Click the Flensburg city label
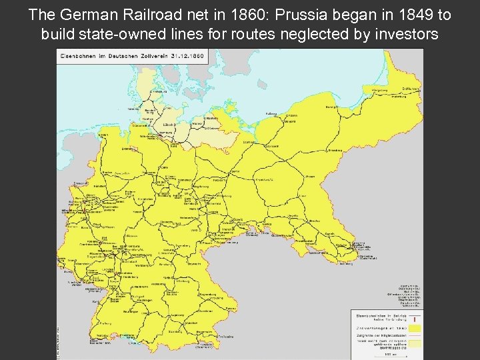click(158, 91)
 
